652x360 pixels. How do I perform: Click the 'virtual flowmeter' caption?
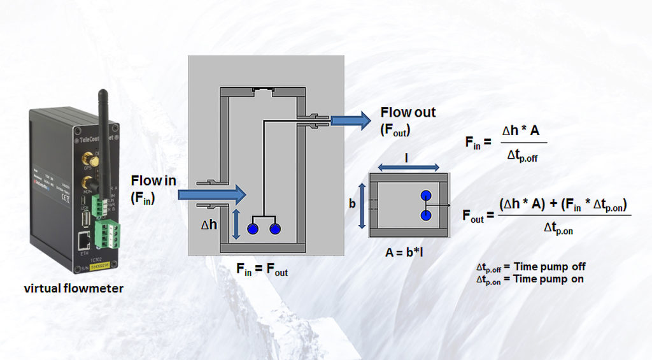point(74,289)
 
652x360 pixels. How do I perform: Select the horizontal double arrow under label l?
point(407,167)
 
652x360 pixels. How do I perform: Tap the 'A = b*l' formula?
point(404,252)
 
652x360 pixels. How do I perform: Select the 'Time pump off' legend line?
point(531,267)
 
